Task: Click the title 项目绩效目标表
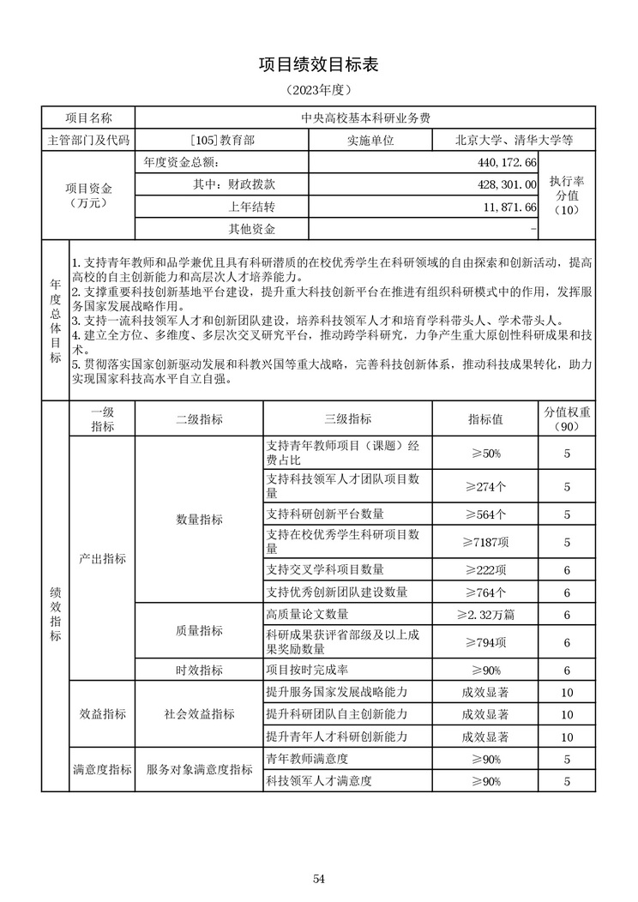tap(318, 65)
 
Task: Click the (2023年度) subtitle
tap(318, 89)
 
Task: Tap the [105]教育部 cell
tap(222, 139)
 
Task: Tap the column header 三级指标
tap(347, 419)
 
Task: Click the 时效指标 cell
tap(199, 670)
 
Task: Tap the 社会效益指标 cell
tap(199, 714)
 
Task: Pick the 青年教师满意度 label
tap(306, 760)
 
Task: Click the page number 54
tap(318, 878)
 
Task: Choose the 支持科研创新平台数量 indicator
tap(325, 514)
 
